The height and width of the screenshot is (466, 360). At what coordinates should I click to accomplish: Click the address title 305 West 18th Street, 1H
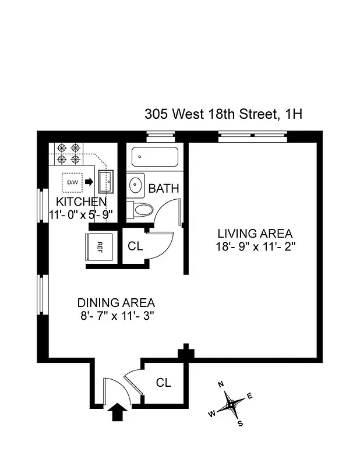pos(223,114)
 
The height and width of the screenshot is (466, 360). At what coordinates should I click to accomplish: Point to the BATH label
pos(163,189)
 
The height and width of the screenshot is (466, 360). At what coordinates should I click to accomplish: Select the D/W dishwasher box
pos(73,182)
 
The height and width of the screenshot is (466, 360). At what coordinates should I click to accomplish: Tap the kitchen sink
pos(107,182)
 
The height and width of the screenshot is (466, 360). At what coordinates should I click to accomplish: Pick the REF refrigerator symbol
pos(98,246)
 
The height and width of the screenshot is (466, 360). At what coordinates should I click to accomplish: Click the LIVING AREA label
pos(255,234)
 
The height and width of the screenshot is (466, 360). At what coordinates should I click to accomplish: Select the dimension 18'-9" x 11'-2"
pos(255,246)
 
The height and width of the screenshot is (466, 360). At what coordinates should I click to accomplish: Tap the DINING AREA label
pos(116,303)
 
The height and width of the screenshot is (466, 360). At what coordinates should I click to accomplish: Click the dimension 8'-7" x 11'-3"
pos(116,316)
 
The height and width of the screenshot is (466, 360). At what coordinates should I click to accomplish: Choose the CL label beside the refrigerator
pos(135,246)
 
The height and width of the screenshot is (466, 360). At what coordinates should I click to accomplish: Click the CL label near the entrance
pos(164,383)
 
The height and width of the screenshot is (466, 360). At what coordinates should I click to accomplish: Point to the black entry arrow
pos(118,412)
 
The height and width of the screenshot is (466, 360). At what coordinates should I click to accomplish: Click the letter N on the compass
pos(221,384)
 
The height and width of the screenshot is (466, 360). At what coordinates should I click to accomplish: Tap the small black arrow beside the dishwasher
pos(89,182)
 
